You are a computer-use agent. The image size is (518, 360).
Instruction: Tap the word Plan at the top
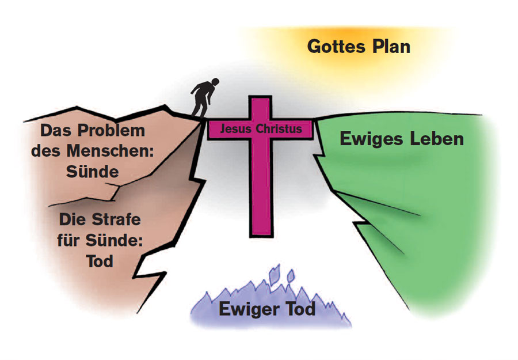(x=391, y=46)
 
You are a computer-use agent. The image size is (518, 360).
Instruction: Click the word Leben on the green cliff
(x=436, y=139)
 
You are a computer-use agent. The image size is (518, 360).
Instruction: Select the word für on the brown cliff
(x=70, y=240)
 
